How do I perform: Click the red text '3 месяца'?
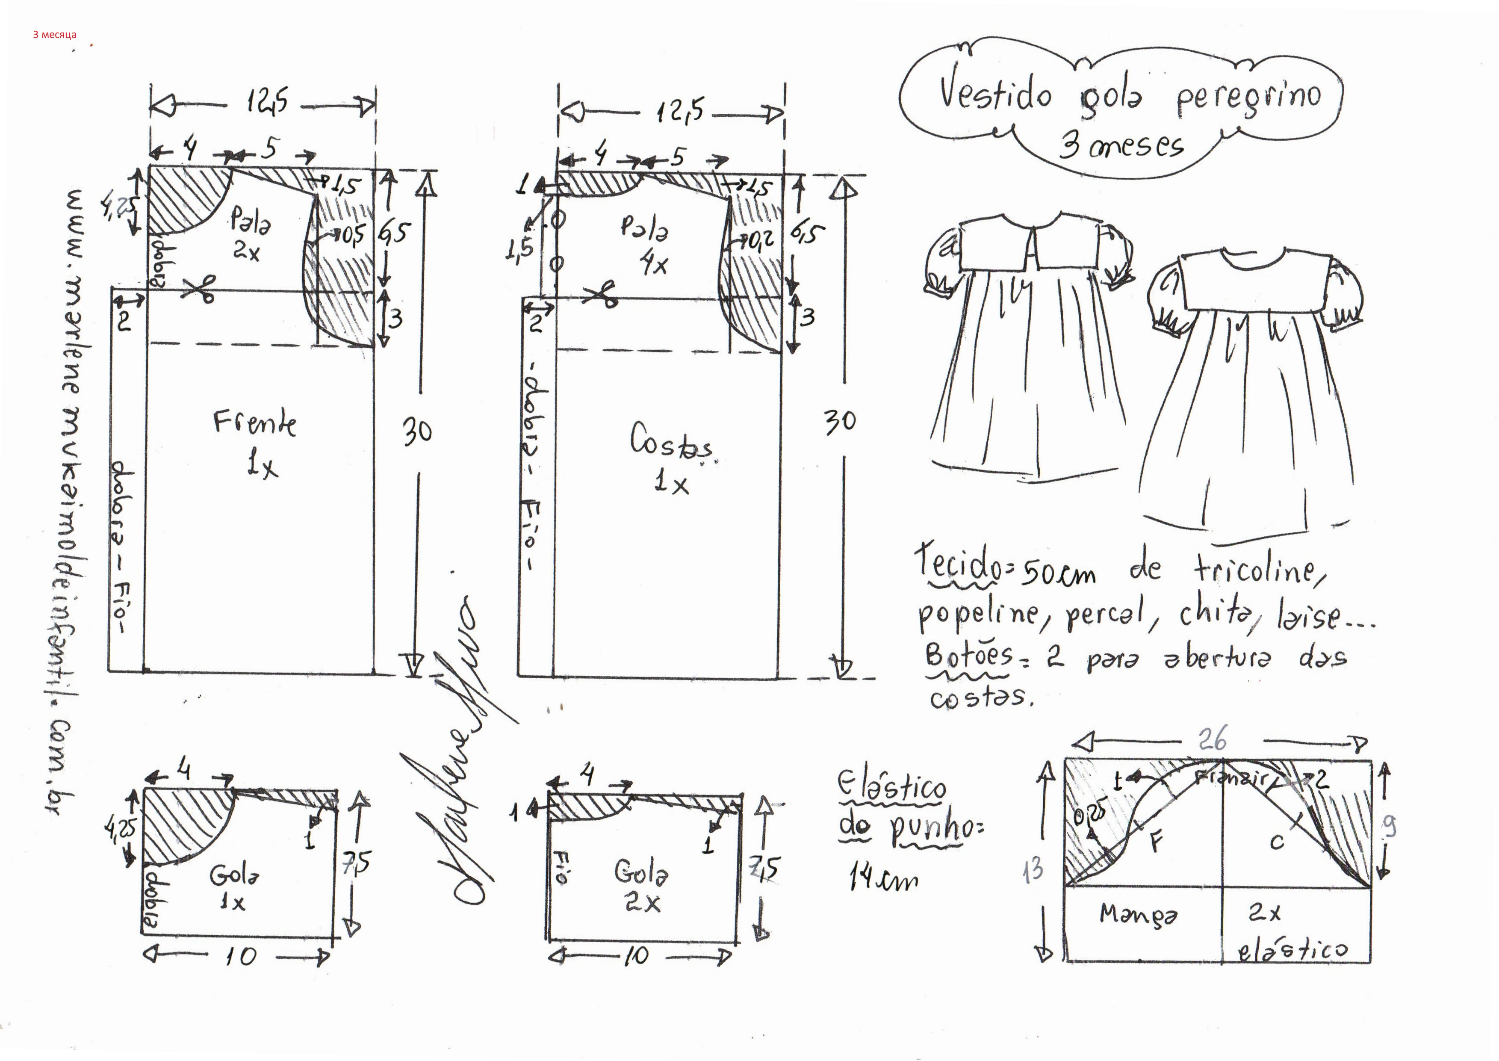55,35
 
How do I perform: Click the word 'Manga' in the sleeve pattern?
1139,914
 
